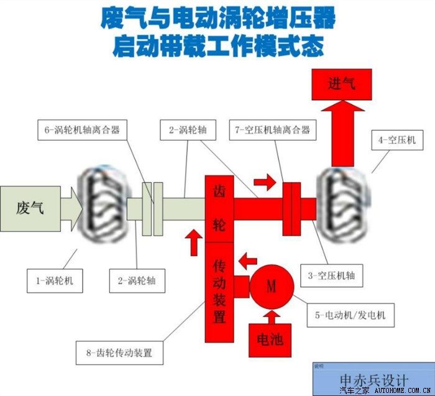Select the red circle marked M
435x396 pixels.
coord(272,287)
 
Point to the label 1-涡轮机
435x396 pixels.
coord(55,281)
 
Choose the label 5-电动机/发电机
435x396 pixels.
coord(355,315)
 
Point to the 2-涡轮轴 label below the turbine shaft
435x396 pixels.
coord(137,281)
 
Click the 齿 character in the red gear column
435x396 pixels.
coord(219,189)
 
